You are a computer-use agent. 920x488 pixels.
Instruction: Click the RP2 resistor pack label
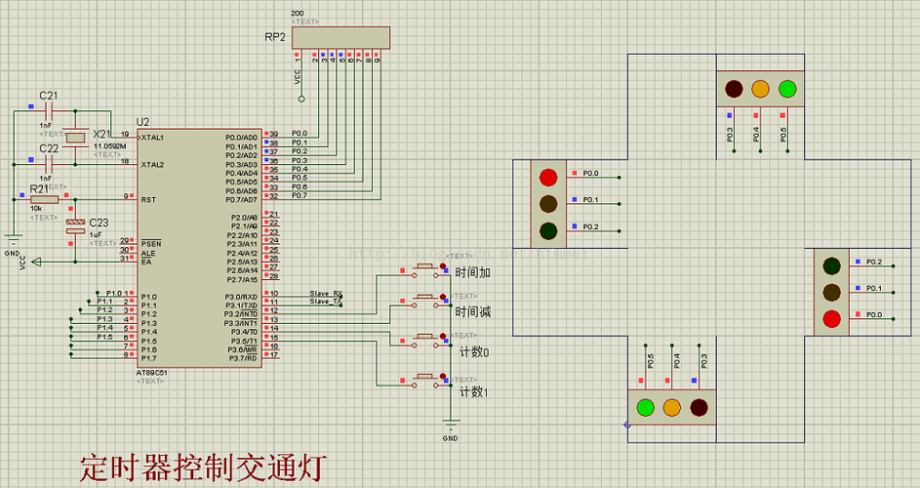(x=275, y=37)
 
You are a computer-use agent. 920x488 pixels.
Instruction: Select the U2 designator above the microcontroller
(x=143, y=121)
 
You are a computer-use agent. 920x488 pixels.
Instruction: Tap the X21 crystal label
(x=102, y=134)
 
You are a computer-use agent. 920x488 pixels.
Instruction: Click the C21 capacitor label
(x=48, y=96)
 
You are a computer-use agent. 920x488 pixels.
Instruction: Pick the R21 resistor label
(x=39, y=188)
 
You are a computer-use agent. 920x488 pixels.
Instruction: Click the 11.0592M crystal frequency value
(x=109, y=145)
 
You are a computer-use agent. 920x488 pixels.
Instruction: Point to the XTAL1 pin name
(x=153, y=138)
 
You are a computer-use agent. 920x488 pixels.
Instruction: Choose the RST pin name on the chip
(x=148, y=199)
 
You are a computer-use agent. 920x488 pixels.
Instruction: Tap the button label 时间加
(x=472, y=273)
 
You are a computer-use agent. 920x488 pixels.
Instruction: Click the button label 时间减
(x=472, y=312)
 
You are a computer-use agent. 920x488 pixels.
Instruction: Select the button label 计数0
(x=473, y=351)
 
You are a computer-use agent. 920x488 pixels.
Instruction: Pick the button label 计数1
(x=473, y=392)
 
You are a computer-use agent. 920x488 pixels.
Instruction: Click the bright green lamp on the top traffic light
(x=787, y=90)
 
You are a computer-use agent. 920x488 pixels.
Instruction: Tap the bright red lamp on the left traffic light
(x=548, y=178)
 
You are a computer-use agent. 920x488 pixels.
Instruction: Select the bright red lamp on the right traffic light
(x=831, y=318)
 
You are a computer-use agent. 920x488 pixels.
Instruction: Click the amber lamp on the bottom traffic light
(x=671, y=407)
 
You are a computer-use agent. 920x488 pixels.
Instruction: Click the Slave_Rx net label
(x=326, y=293)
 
